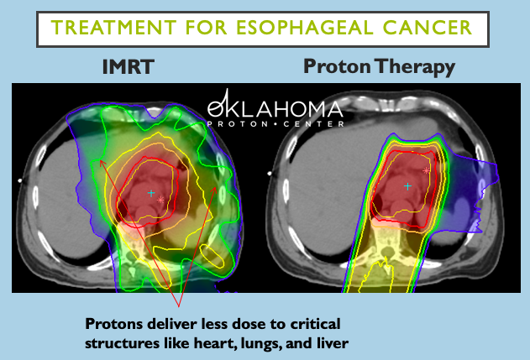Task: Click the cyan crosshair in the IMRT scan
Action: [x=151, y=193]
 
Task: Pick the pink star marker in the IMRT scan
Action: [x=161, y=200]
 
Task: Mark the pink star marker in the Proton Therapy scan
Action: [x=427, y=170]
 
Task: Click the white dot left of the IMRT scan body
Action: [x=19, y=180]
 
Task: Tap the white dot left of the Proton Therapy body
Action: [x=269, y=173]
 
